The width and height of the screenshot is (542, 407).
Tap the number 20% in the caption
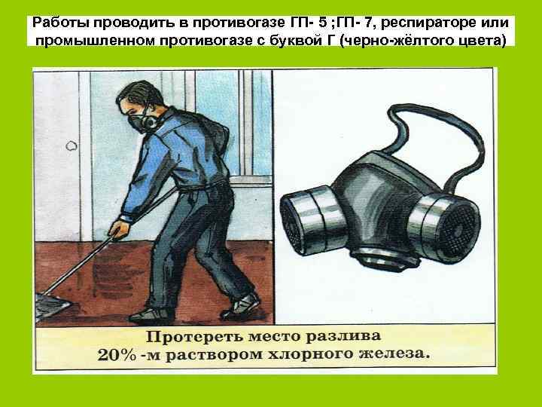coord(117,355)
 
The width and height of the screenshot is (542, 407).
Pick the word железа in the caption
coord(394,355)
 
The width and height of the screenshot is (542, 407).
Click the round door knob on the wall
coord(72,146)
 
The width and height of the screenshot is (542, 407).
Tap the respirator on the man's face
coord(142,123)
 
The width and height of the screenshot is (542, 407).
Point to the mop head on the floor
coord(51,306)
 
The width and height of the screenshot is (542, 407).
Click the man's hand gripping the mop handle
coord(119,228)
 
